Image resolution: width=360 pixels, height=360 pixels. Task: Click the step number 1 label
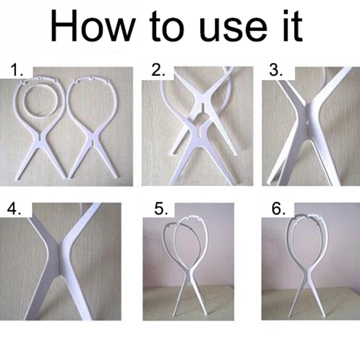pyautogui.click(x=17, y=70)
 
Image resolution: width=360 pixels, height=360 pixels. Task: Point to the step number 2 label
pyautogui.click(x=158, y=70)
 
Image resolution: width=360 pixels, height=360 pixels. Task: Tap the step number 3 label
pyautogui.click(x=276, y=70)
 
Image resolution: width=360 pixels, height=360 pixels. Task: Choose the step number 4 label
pyautogui.click(x=14, y=209)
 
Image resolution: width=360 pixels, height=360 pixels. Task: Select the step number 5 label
pyautogui.click(x=161, y=209)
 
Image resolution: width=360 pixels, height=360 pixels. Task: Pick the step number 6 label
pyautogui.click(x=279, y=209)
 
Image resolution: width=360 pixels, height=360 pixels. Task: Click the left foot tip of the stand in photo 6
pyautogui.click(x=290, y=316)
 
